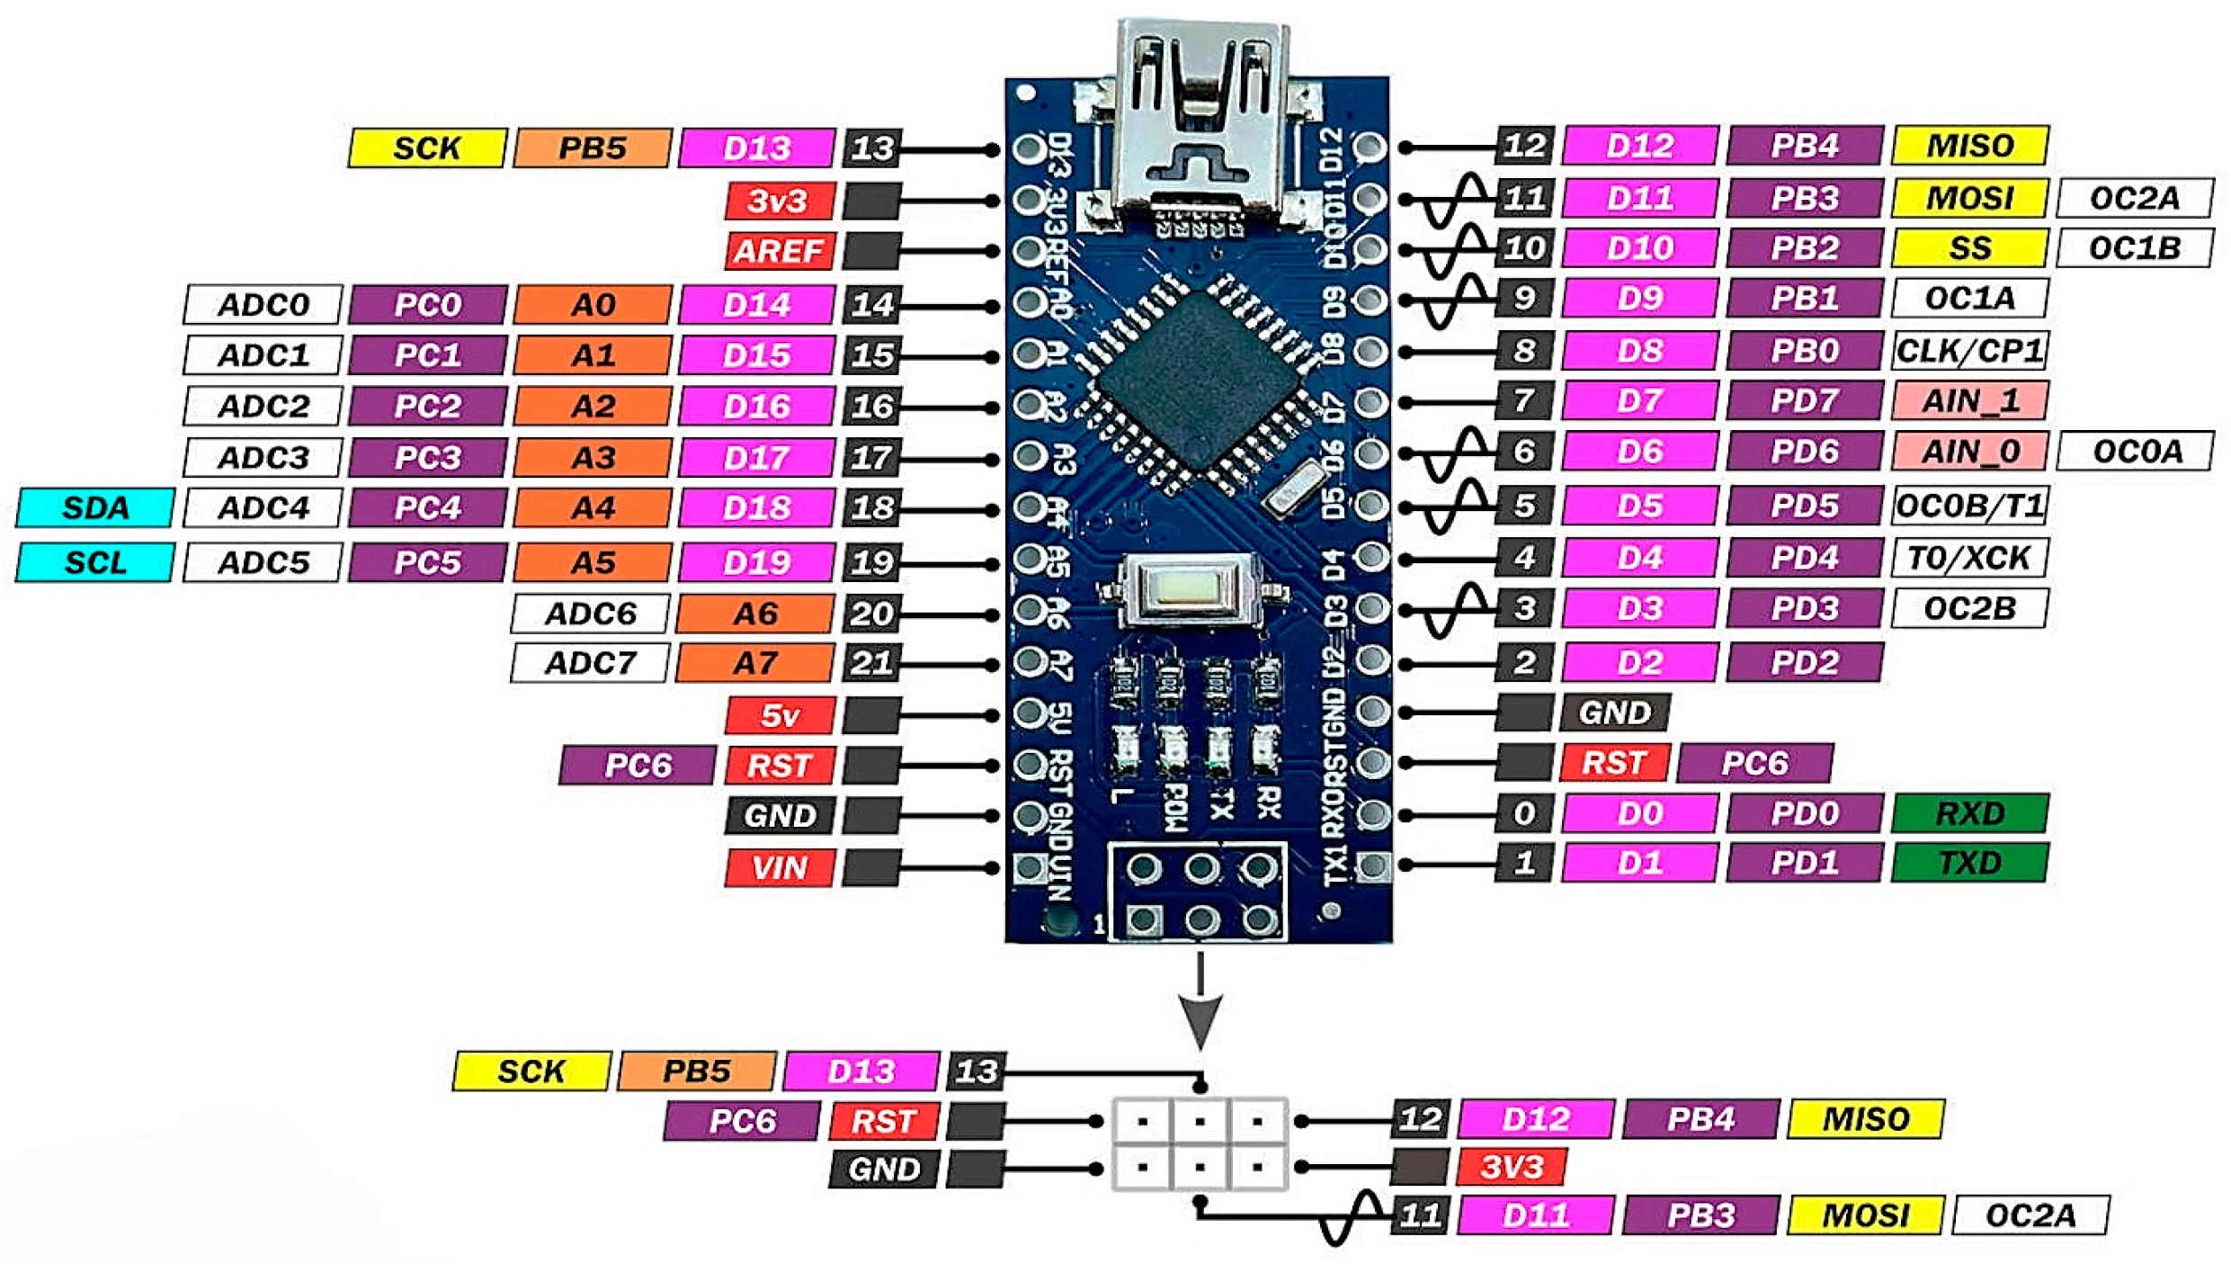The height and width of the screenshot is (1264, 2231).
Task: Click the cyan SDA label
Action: pyautogui.click(x=95, y=508)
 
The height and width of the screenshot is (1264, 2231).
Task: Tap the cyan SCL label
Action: pyautogui.click(x=95, y=563)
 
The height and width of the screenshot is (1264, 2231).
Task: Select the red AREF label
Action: pyautogui.click(x=780, y=251)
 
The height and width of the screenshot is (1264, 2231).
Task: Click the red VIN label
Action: pyautogui.click(x=780, y=868)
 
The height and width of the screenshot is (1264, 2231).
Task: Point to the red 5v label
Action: pyautogui.click(x=780, y=716)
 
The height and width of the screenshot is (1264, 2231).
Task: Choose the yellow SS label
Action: pyautogui.click(x=1969, y=248)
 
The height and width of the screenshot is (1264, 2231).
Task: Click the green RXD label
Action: pyautogui.click(x=1969, y=814)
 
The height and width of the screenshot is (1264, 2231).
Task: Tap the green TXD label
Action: pyautogui.click(x=1969, y=864)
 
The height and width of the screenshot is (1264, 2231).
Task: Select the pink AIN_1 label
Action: pyautogui.click(x=1969, y=401)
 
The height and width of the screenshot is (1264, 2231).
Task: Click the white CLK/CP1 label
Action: pyautogui.click(x=1969, y=351)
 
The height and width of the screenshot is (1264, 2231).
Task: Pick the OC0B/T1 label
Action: pyautogui.click(x=1969, y=506)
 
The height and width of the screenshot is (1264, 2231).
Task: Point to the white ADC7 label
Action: pyautogui.click(x=590, y=664)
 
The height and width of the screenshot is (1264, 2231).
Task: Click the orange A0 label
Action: pyautogui.click(x=593, y=306)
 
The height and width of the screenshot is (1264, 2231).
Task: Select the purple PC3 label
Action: pyautogui.click(x=428, y=458)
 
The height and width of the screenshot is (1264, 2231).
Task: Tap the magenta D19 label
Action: pyautogui.click(x=756, y=563)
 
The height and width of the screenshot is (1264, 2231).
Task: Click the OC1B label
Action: pyautogui.click(x=2134, y=248)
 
